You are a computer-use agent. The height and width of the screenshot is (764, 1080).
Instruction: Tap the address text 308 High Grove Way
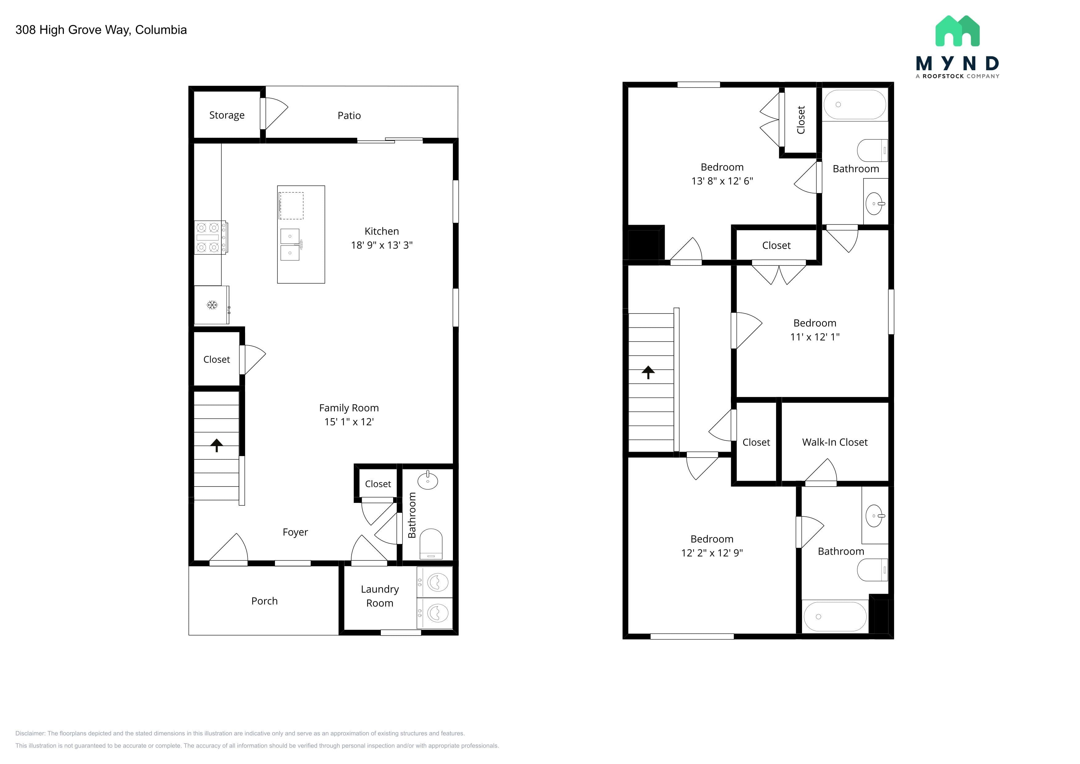coord(73,30)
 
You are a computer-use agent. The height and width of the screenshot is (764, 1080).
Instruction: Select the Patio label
coord(349,116)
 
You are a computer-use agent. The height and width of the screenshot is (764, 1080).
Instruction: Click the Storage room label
coord(227,115)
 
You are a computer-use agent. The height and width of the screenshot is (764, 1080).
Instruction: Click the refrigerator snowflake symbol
coord(212,305)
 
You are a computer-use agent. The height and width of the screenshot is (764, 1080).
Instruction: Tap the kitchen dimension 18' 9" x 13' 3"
coord(381,245)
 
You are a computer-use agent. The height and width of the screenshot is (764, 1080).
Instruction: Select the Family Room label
coord(349,408)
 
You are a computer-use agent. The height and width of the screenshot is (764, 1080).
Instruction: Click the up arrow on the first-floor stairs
coord(216,445)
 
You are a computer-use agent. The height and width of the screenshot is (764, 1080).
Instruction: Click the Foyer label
coord(295,532)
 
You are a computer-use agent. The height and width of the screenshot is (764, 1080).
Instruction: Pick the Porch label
coord(264,601)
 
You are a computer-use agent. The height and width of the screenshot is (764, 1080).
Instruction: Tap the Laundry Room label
coord(380,596)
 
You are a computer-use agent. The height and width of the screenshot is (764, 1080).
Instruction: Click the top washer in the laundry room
coord(435,582)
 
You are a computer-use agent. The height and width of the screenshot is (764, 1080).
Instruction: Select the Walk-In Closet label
coord(834,442)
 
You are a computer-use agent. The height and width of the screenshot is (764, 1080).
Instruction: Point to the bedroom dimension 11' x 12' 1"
coord(815,337)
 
